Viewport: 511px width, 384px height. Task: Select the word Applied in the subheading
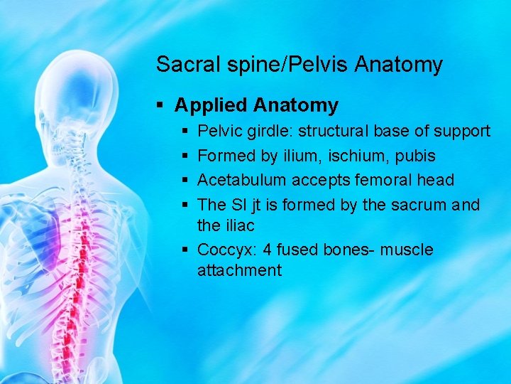[209, 106]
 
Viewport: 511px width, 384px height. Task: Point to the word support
[461, 132]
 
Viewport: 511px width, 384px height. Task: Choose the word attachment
[239, 270]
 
